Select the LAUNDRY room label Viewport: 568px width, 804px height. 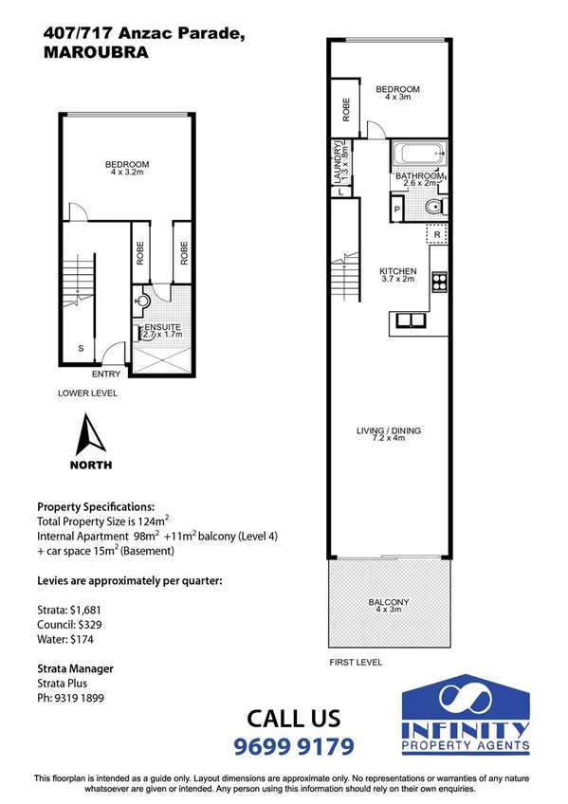point(340,158)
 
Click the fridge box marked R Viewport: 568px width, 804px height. point(437,233)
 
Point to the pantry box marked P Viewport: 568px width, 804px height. point(396,209)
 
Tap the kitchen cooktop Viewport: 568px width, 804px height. point(439,282)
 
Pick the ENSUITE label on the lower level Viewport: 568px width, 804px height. point(162,328)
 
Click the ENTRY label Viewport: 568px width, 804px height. point(105,374)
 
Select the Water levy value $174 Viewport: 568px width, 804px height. point(81,640)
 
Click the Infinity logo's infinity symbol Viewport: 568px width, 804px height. point(466,700)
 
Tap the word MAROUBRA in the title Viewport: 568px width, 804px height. point(96,53)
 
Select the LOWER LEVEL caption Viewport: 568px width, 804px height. point(86,391)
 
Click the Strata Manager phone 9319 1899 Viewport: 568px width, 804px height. point(80,698)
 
